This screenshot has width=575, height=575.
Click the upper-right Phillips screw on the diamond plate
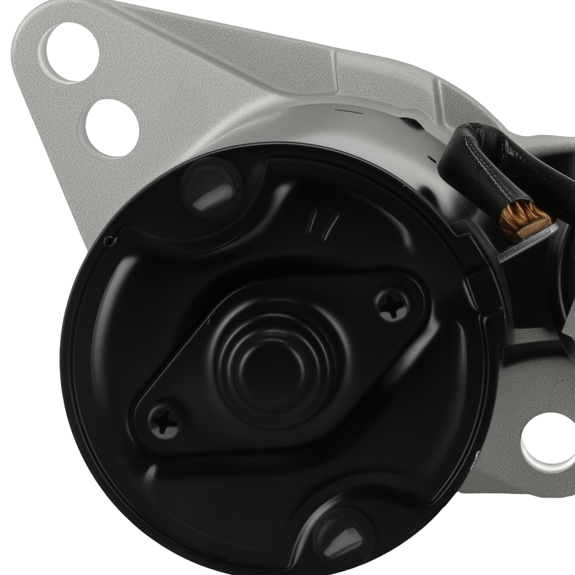click(392, 304)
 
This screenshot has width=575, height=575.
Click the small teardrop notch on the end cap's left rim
click(108, 241)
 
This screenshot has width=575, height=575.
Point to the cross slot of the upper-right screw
click(392, 304)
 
